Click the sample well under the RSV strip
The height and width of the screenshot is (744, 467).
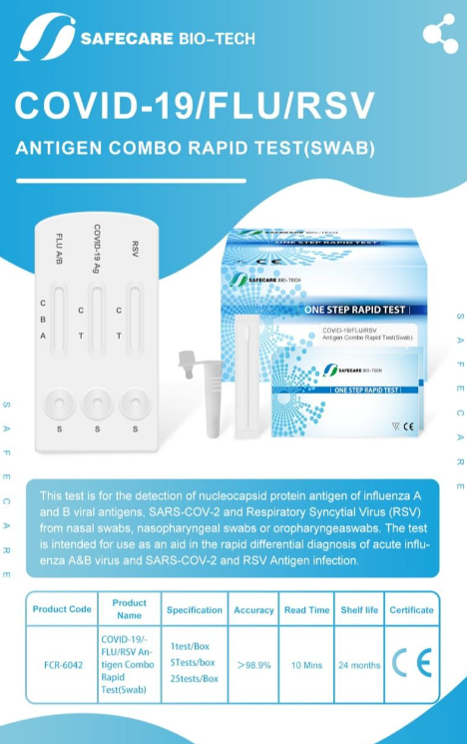[x=134, y=403]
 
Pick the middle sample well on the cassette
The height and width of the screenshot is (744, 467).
[x=97, y=403]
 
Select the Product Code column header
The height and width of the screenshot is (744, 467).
[x=62, y=609]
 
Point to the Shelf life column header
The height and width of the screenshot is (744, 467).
[x=359, y=609]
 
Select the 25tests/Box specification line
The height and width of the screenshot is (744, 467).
[x=195, y=679]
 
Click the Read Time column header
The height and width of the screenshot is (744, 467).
[x=306, y=609]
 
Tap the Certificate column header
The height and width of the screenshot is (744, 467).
[x=411, y=609]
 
